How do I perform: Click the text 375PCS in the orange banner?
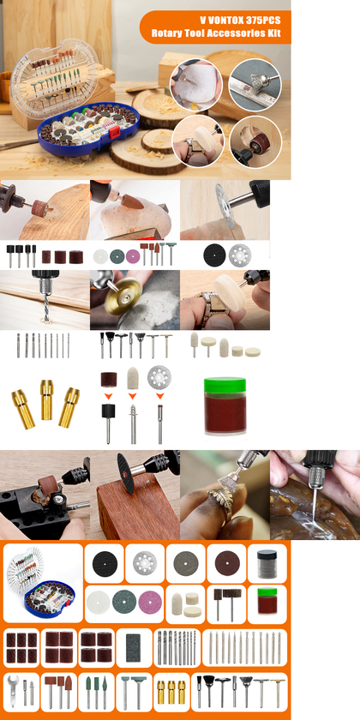tap(259, 21)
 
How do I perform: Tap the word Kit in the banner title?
tap(273, 33)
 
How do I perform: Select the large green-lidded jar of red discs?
tap(225, 406)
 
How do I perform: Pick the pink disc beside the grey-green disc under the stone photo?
tap(133, 256)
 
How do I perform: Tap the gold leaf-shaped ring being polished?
tap(219, 500)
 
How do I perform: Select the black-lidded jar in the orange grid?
tap(267, 563)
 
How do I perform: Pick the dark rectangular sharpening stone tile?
tap(134, 647)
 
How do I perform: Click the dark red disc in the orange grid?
tap(227, 563)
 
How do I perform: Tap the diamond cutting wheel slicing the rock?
tap(225, 207)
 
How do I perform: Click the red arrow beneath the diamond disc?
tap(159, 396)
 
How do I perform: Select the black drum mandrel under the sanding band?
tap(108, 423)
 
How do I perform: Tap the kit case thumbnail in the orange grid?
tap(42, 582)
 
